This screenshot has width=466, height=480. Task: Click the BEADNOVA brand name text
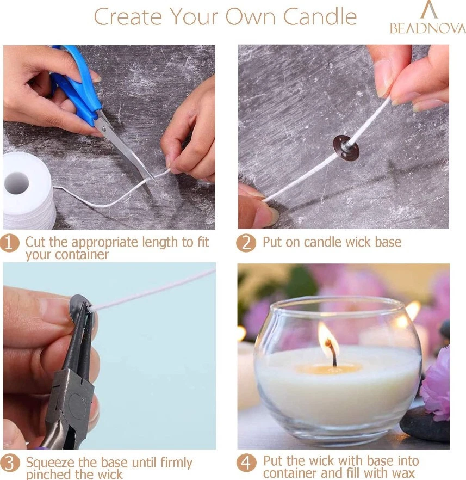point(427,28)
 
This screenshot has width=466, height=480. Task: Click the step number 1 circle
point(11,243)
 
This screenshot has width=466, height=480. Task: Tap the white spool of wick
point(27,190)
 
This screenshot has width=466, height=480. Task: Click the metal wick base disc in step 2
point(346,147)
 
